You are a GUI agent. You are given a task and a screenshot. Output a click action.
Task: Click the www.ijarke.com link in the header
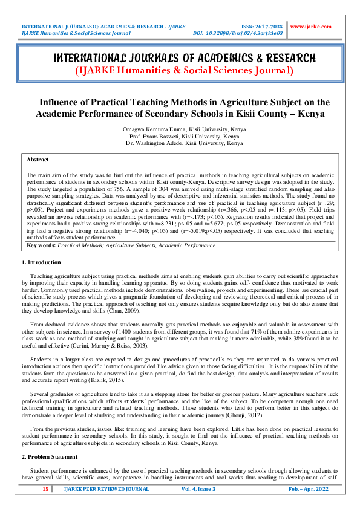tap(311, 27)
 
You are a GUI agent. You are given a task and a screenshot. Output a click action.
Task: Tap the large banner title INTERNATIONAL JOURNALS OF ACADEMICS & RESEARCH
tap(185, 59)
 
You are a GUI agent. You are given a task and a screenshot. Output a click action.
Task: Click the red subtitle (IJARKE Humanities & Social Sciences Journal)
tap(184, 71)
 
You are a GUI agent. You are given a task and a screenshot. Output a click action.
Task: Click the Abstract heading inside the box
tap(38, 160)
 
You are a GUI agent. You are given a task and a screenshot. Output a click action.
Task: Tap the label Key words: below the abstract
tap(42, 245)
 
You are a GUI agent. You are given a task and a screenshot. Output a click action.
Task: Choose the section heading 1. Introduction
tap(41, 262)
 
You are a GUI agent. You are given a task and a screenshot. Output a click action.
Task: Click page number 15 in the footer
tap(45, 489)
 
